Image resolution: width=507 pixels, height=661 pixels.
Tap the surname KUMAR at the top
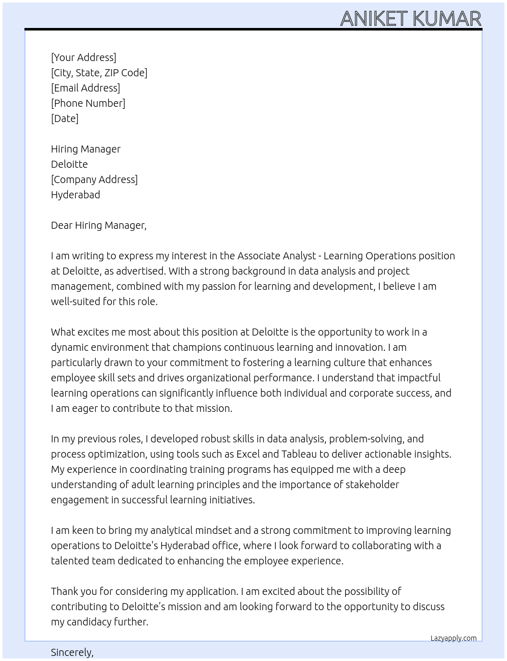[446, 19]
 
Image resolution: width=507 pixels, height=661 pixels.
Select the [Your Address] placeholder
[83, 57]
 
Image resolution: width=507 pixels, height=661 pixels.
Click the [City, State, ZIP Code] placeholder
[99, 73]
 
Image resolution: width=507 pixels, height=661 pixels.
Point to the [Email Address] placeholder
[86, 88]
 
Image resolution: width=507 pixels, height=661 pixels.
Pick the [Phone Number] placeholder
[88, 103]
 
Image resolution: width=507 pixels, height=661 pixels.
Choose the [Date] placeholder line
[65, 118]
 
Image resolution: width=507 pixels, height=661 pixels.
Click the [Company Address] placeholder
[94, 179]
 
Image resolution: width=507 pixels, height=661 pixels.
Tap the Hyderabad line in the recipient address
[75, 195]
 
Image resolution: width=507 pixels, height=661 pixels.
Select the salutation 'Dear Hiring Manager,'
[99, 225]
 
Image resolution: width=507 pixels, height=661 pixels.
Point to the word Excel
[248, 454]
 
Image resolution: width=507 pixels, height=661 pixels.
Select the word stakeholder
[372, 485]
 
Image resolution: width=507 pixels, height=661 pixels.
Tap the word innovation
[359, 347]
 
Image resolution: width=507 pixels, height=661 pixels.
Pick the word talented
[69, 561]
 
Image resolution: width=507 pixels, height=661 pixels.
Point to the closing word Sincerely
[72, 652]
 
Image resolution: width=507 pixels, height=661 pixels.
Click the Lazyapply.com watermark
[454, 638]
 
